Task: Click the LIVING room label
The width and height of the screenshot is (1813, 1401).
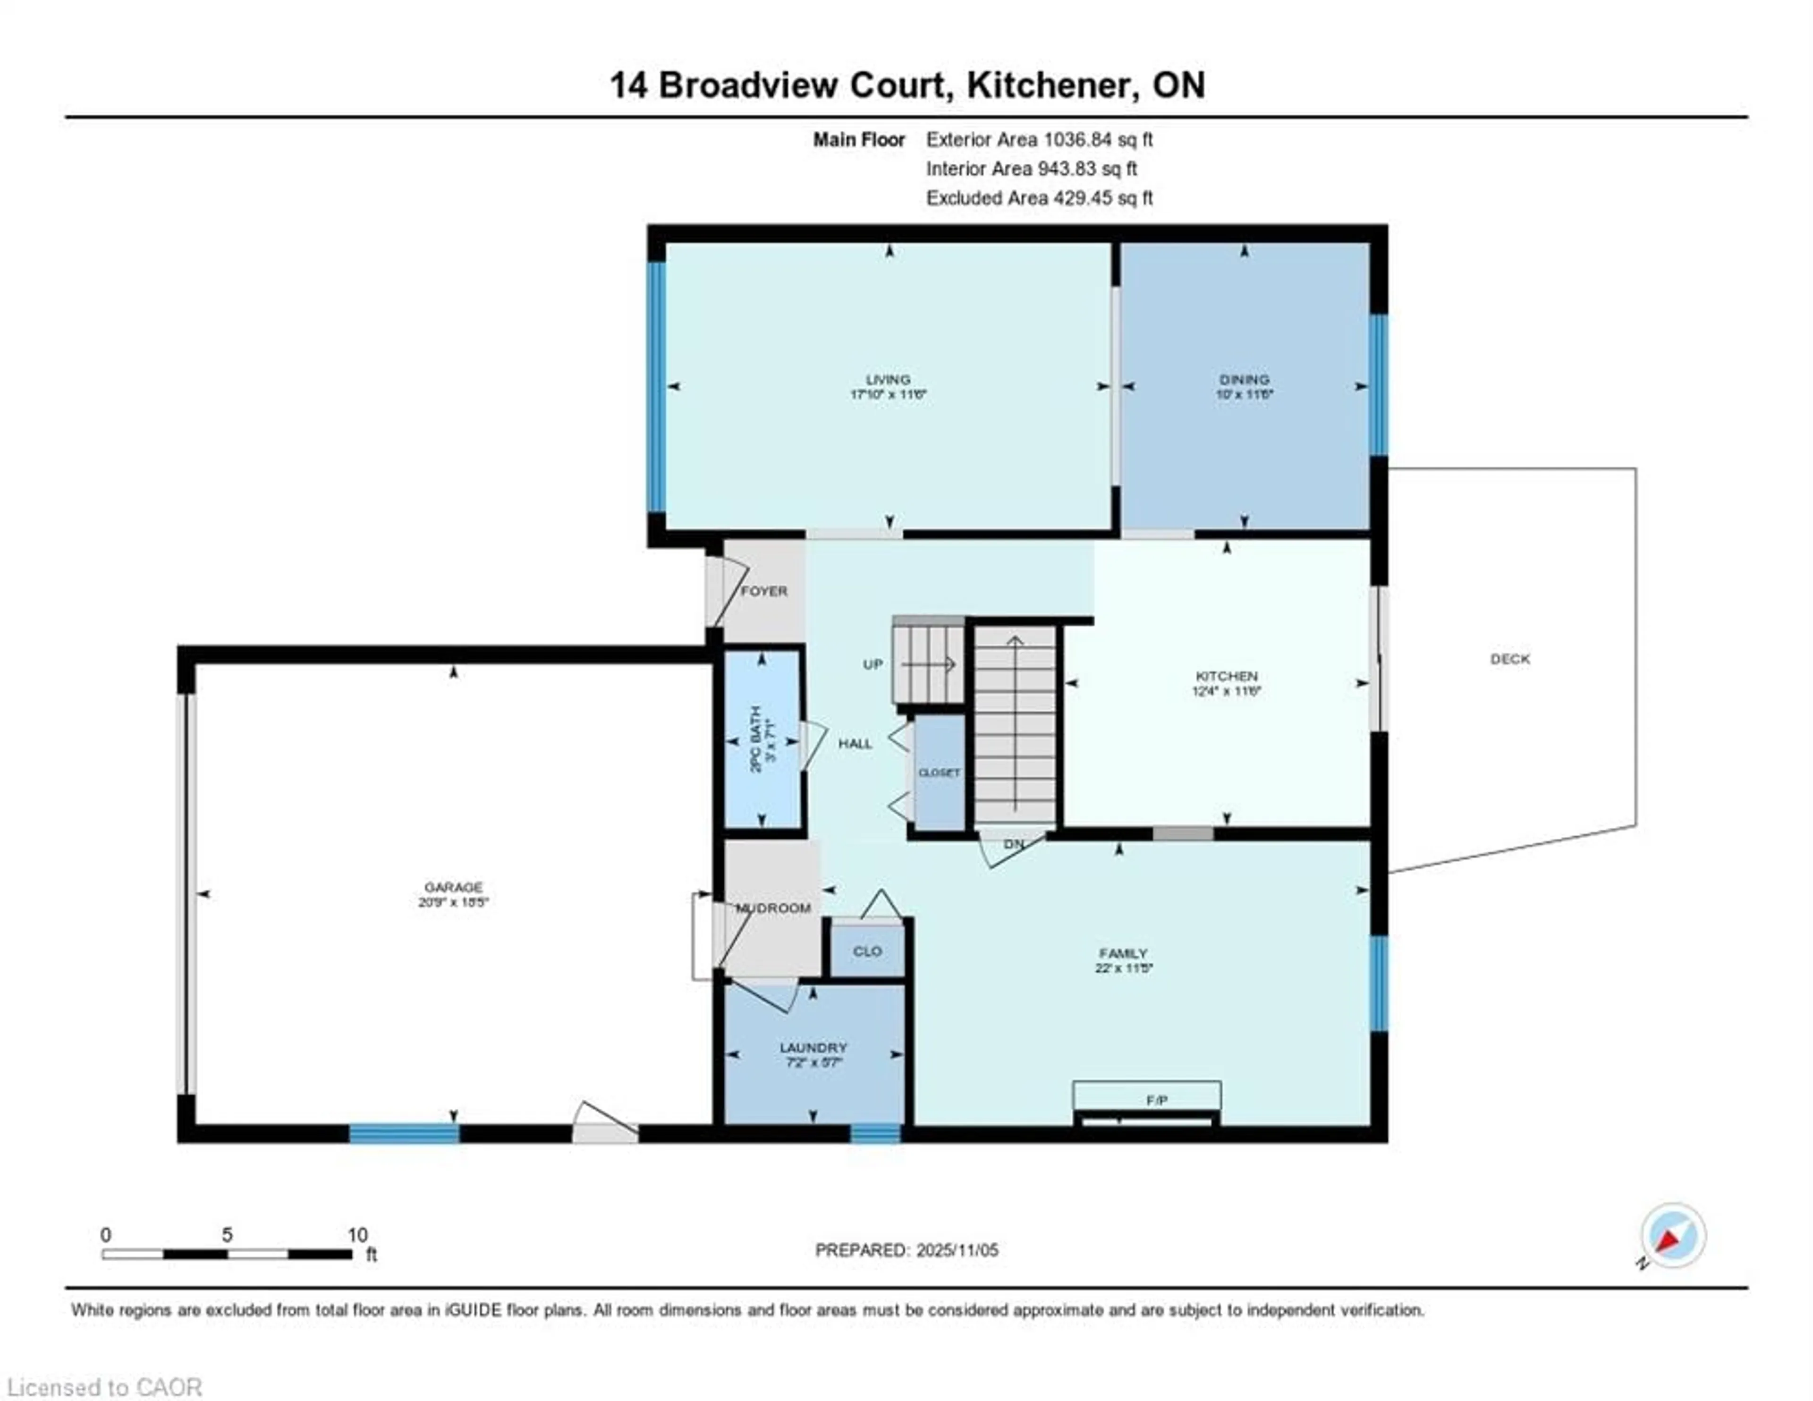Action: point(888,380)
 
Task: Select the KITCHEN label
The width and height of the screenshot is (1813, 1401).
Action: point(1226,676)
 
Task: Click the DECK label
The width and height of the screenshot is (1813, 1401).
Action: point(1509,659)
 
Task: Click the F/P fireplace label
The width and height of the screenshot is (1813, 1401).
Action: point(1156,1100)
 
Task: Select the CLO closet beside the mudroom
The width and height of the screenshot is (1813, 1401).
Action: point(867,951)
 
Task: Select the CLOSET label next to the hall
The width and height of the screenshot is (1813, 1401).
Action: point(939,773)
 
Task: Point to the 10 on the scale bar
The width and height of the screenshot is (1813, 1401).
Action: point(357,1235)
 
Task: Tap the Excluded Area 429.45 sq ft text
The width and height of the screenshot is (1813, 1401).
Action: point(1039,198)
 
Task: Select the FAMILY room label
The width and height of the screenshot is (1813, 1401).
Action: point(1122,953)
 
